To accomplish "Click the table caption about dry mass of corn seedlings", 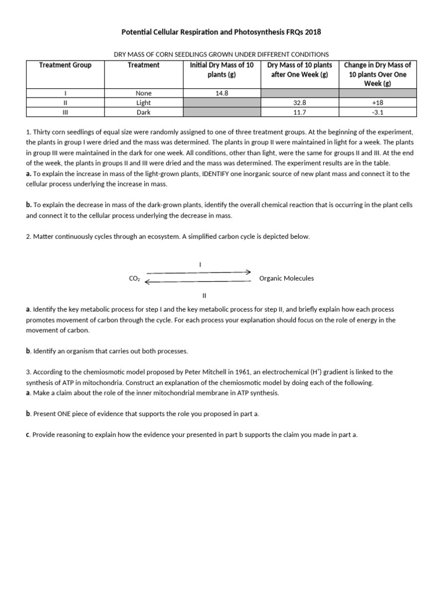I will pyautogui.click(x=221, y=54).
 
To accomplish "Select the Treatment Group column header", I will pyautogui.click(x=65, y=65).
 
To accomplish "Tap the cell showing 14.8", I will pyautogui.click(x=222, y=92).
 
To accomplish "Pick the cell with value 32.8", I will pyautogui.click(x=299, y=103).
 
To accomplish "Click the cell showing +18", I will pyautogui.click(x=377, y=103).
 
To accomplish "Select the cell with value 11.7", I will pyautogui.click(x=299, y=113).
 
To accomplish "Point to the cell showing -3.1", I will pyautogui.click(x=377, y=113).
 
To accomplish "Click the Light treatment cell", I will pyautogui.click(x=143, y=103).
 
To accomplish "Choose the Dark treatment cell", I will pyautogui.click(x=143, y=113).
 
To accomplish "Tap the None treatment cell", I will pyautogui.click(x=143, y=92).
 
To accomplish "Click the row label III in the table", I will pyautogui.click(x=65, y=113).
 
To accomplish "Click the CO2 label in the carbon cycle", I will pyautogui.click(x=134, y=279).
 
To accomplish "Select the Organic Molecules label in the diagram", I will pyautogui.click(x=287, y=278).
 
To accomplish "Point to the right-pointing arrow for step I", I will pyautogui.click(x=199, y=272).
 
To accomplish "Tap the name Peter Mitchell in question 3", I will pyautogui.click(x=209, y=372).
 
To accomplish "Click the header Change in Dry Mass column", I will pyautogui.click(x=377, y=74).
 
